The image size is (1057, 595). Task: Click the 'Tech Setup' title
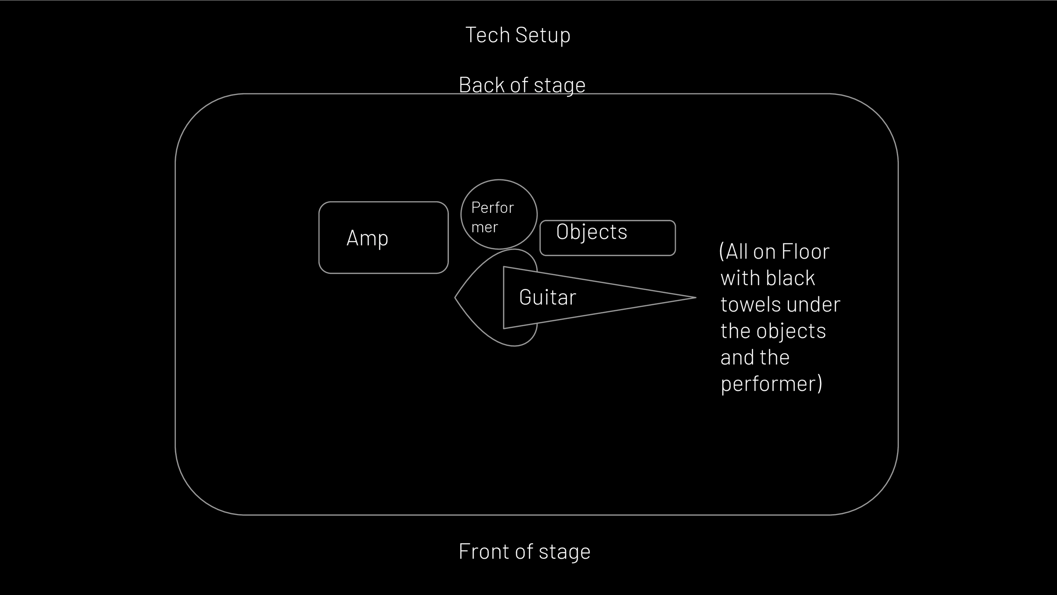coord(518,35)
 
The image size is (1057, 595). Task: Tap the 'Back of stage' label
coord(522,85)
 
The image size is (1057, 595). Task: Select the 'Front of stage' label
coord(524,552)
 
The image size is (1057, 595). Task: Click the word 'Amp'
coord(367,238)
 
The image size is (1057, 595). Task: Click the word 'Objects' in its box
coord(592,232)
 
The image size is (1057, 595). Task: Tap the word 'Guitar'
coord(547,297)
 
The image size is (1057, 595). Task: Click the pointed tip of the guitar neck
coord(696,297)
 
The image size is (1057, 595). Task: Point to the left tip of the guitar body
coord(455,297)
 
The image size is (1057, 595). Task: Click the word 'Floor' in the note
coord(805,252)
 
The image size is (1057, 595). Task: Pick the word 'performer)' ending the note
coord(771,384)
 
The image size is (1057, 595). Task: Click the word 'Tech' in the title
coord(487,35)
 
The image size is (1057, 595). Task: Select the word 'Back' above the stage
coord(482,85)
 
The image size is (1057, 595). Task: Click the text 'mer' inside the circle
coord(485,228)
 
